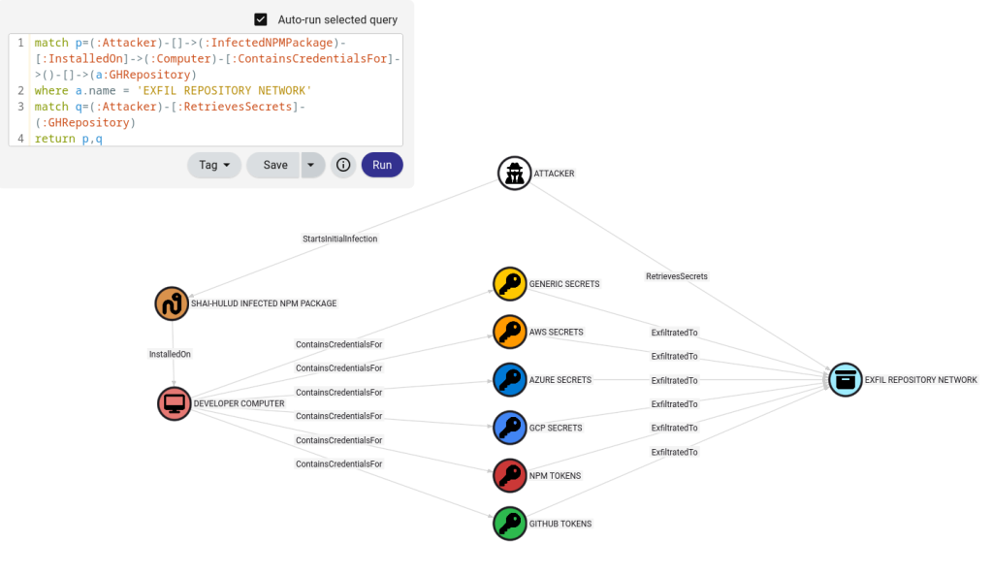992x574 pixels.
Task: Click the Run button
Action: coord(382,165)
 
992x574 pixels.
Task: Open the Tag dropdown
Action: coord(213,165)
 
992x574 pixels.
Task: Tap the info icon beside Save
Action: coord(343,165)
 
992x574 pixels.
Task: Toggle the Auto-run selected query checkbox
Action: coord(261,19)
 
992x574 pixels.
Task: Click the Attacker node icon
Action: coord(514,174)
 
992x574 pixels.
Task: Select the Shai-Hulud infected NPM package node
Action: coord(172,303)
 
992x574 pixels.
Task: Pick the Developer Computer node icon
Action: coord(175,403)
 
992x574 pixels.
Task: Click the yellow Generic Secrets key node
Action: coord(509,284)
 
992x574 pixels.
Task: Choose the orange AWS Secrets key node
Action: coord(509,332)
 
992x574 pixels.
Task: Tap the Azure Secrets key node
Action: coord(509,380)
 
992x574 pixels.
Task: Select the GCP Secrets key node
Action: coord(509,428)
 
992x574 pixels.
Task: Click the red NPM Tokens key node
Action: coord(509,475)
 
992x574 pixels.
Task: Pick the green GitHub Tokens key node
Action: coord(509,524)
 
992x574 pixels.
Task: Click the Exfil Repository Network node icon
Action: coord(846,380)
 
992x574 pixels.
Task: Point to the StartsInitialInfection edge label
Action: coord(340,239)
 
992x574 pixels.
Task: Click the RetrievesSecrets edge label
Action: coord(677,276)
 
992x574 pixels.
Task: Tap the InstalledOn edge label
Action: coord(170,354)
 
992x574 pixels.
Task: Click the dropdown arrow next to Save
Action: coord(310,165)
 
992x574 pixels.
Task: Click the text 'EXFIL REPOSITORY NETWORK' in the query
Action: coord(224,90)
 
